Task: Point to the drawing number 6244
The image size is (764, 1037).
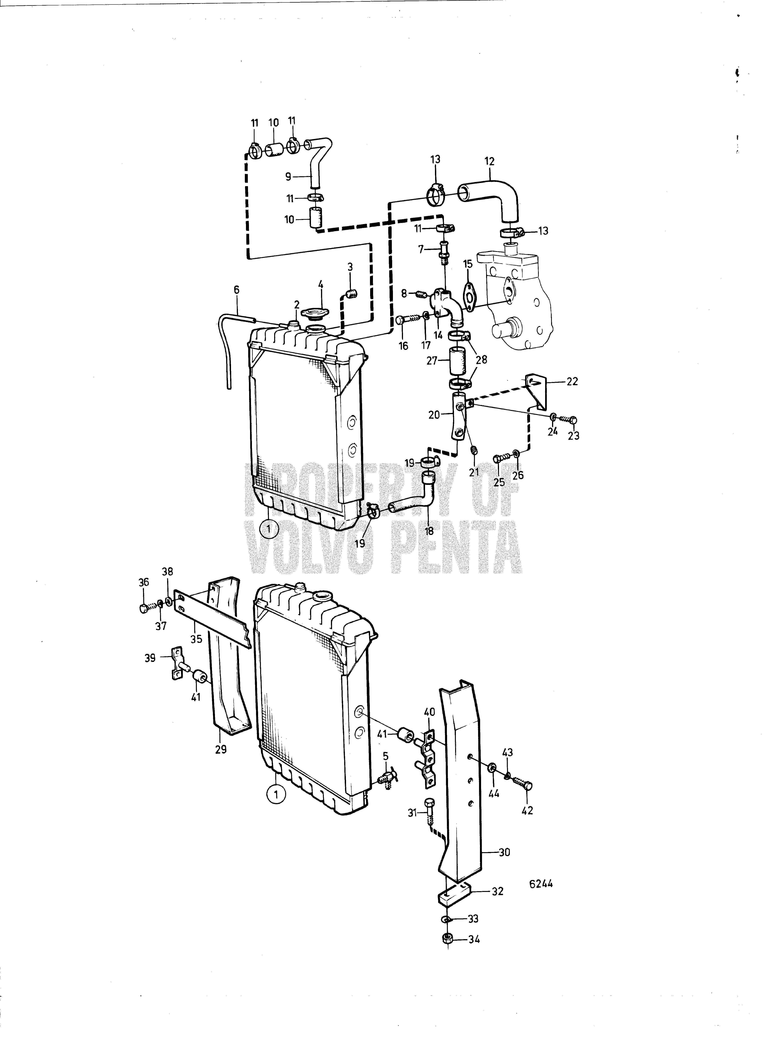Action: point(541,884)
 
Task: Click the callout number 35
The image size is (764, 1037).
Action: point(196,639)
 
